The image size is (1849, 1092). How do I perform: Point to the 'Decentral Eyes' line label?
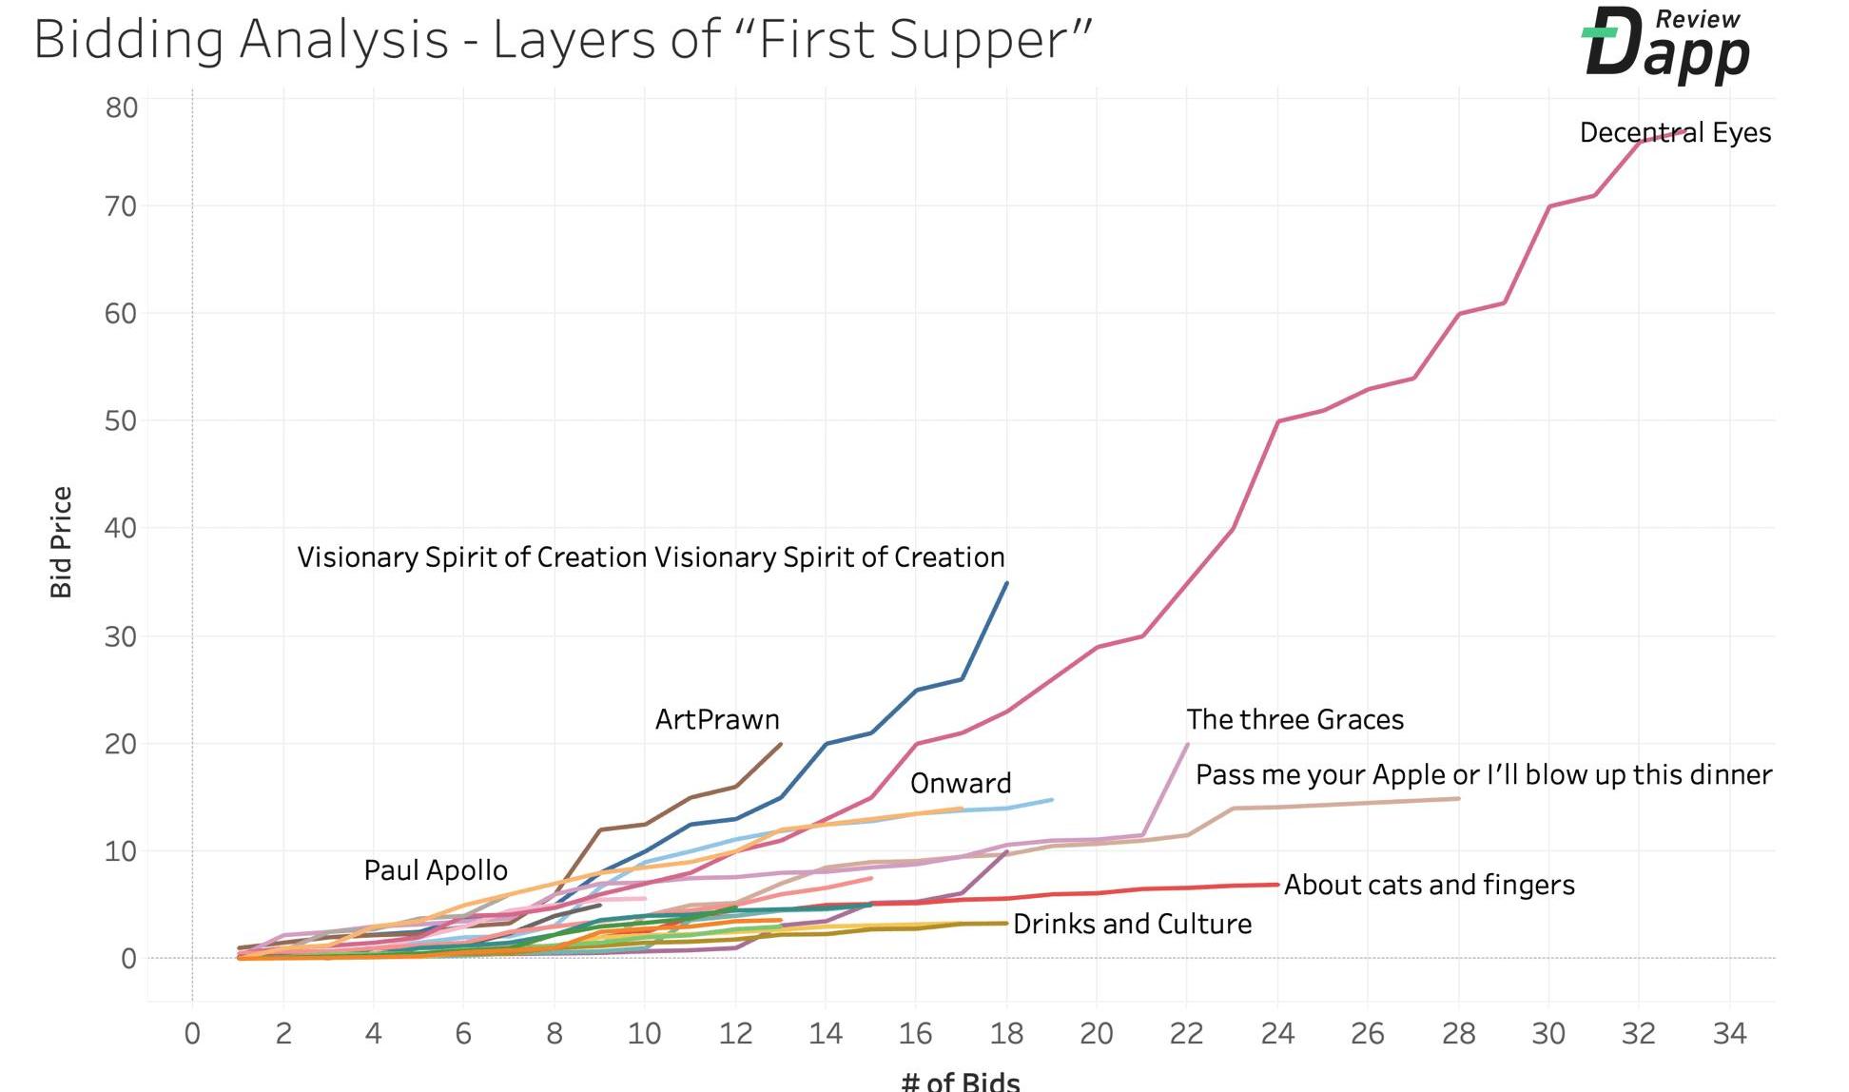pos(1675,133)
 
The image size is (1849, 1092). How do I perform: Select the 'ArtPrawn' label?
pos(717,720)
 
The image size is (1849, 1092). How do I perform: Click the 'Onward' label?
pos(960,784)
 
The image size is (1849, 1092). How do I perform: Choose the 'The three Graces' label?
pos(1294,720)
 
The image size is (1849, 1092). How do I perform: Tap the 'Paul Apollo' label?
pos(436,870)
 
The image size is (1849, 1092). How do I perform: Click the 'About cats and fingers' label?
pos(1429,886)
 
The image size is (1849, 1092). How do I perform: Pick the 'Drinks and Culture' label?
pos(1132,925)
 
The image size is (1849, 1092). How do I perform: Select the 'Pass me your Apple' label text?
pos(1483,775)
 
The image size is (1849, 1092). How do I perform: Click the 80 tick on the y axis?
pos(122,107)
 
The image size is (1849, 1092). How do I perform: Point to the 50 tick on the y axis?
pos(122,420)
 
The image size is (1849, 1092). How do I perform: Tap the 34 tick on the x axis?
pos(1729,1034)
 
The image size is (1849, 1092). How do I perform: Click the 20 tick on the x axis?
pos(1096,1034)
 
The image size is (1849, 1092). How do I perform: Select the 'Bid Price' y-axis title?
pos(62,542)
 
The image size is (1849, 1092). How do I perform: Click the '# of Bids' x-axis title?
pos(960,1082)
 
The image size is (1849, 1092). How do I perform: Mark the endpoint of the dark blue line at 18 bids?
pos(1006,583)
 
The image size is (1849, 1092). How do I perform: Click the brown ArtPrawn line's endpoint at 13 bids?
pos(781,744)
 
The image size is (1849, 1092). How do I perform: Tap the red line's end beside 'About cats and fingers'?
pos(1277,885)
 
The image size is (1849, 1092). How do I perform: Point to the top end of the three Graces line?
pos(1187,745)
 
